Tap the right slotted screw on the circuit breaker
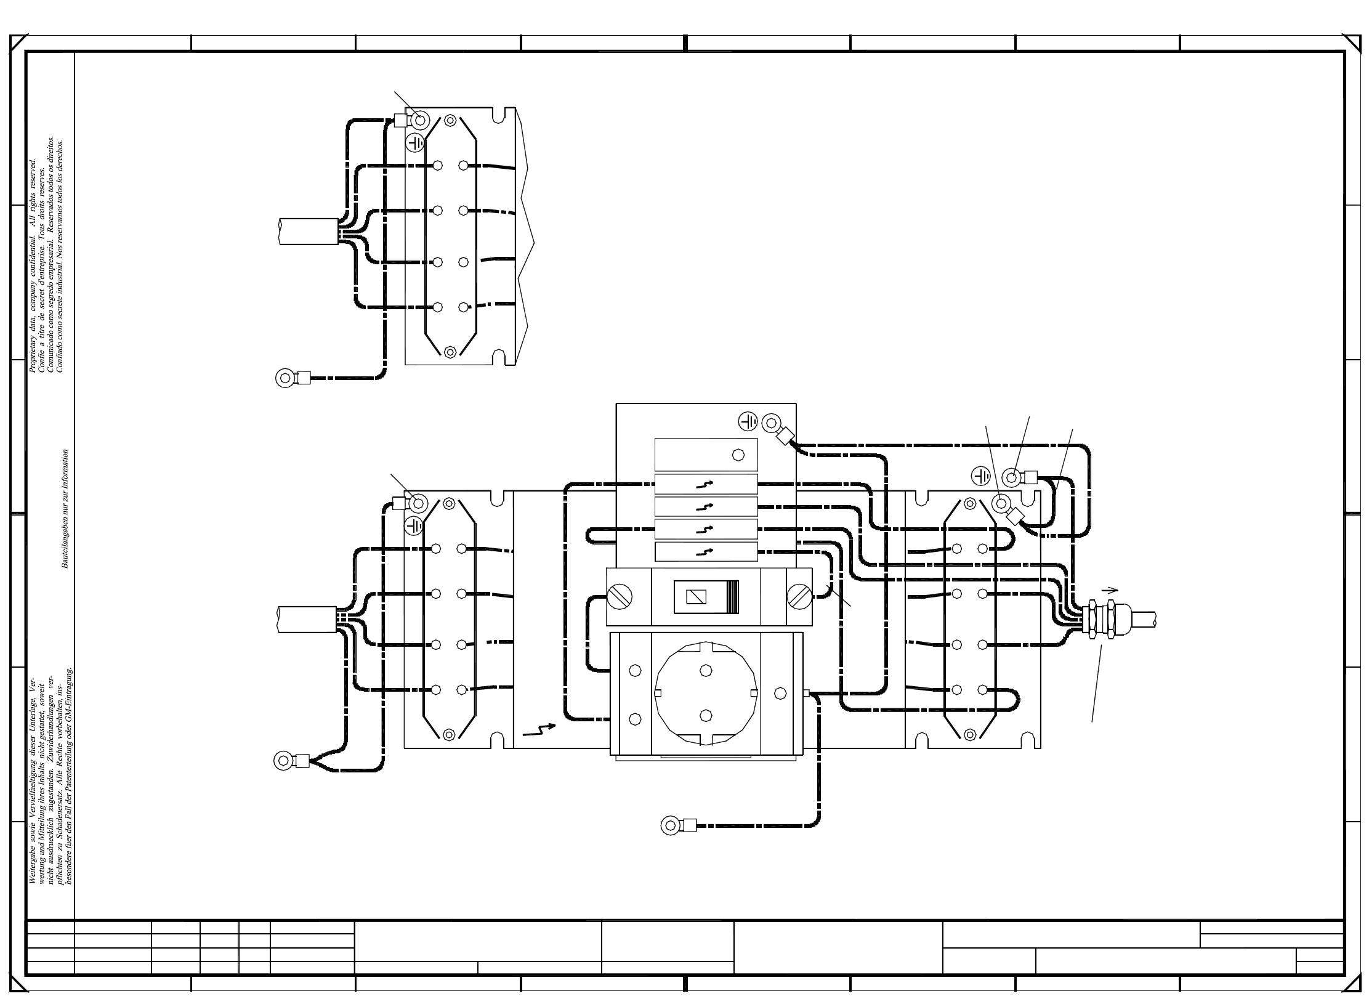point(799,597)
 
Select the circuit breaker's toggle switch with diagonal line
point(698,597)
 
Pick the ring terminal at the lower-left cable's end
point(284,761)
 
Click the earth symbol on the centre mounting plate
point(748,422)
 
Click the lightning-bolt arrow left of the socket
point(538,730)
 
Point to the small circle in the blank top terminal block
point(738,455)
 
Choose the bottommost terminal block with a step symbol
point(706,552)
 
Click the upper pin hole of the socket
point(706,670)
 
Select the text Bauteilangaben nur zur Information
point(65,509)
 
